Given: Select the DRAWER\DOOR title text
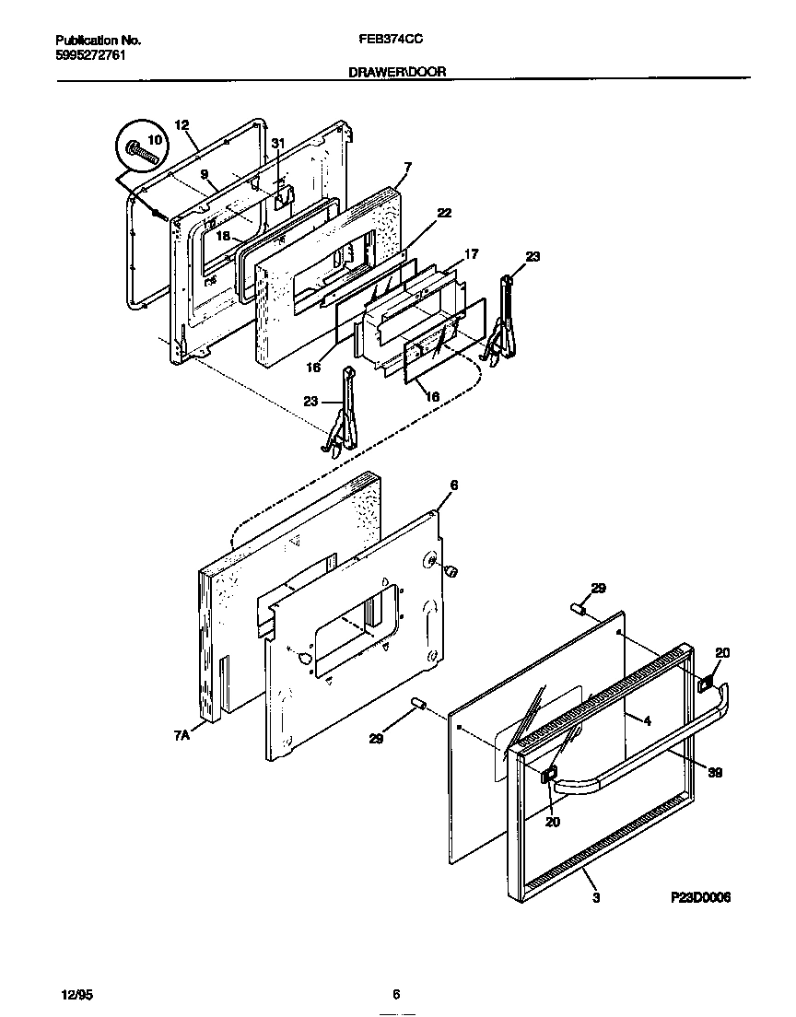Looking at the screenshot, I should pyautogui.click(x=398, y=71).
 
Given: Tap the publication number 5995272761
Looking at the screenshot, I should pyautogui.click(x=91, y=55).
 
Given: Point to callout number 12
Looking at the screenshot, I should pyautogui.click(x=181, y=125).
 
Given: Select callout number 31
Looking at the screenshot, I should pyautogui.click(x=278, y=143).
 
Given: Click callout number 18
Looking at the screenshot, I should pyautogui.click(x=223, y=236).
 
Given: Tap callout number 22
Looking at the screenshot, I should pyautogui.click(x=444, y=213).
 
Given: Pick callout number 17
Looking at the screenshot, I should pyautogui.click(x=471, y=254).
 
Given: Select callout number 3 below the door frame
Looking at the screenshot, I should pyautogui.click(x=596, y=896).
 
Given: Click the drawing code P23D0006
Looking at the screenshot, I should pyautogui.click(x=701, y=896).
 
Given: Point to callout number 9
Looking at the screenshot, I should pyautogui.click(x=205, y=174).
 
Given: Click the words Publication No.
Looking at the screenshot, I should pyautogui.click(x=99, y=41).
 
